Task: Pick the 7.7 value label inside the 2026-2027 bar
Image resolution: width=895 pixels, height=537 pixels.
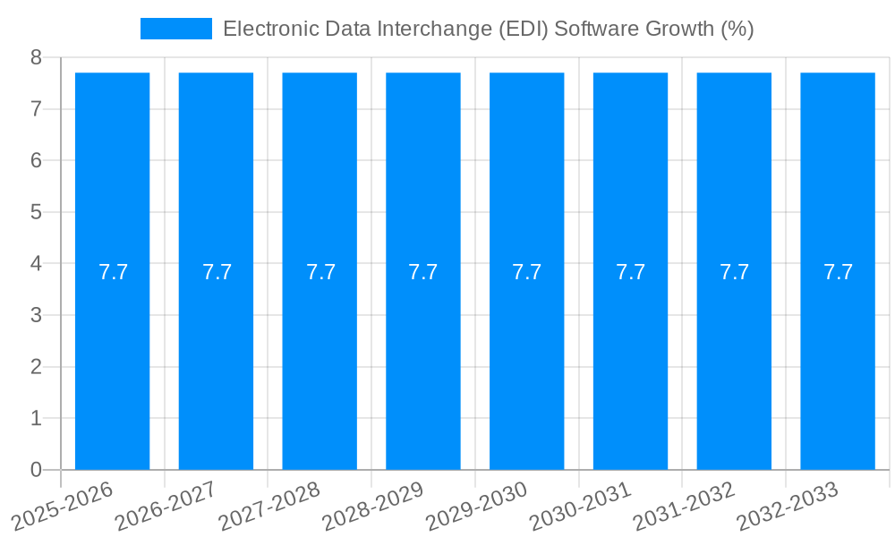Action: (x=217, y=272)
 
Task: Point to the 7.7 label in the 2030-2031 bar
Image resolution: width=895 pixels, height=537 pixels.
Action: (x=631, y=272)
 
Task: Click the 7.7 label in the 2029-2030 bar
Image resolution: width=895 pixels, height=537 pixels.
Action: (x=527, y=272)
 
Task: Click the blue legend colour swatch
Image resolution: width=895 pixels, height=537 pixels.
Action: (x=176, y=29)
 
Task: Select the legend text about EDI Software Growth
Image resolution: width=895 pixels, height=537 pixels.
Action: (x=488, y=29)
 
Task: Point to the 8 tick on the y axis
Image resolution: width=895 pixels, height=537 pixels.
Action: (x=36, y=58)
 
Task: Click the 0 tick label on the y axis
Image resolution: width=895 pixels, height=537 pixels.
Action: (x=36, y=470)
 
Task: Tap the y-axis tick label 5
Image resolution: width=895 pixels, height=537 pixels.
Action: (x=36, y=213)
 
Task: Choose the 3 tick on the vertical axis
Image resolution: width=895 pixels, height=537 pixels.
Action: (x=36, y=316)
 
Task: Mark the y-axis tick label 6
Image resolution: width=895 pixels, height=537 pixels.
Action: (x=36, y=161)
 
